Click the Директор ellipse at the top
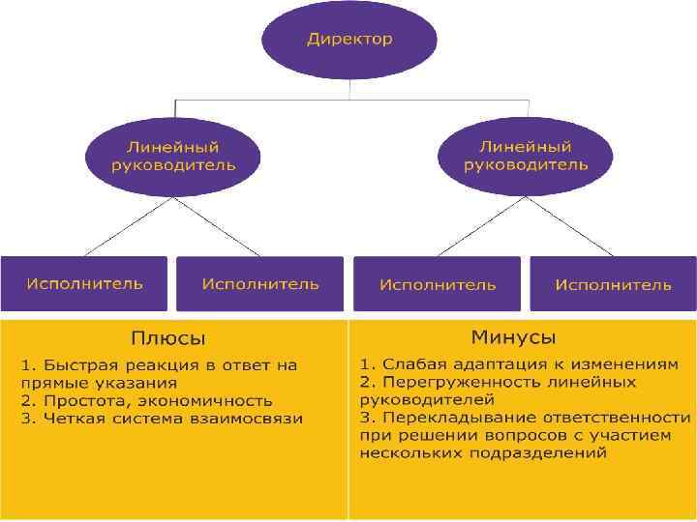[x=349, y=40]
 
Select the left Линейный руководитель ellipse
[x=172, y=156]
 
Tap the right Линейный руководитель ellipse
[x=526, y=156]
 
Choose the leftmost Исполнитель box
[x=84, y=283]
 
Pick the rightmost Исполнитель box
[x=613, y=284]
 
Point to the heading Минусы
[x=513, y=337]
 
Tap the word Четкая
[x=67, y=419]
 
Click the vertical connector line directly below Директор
[x=348, y=88]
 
